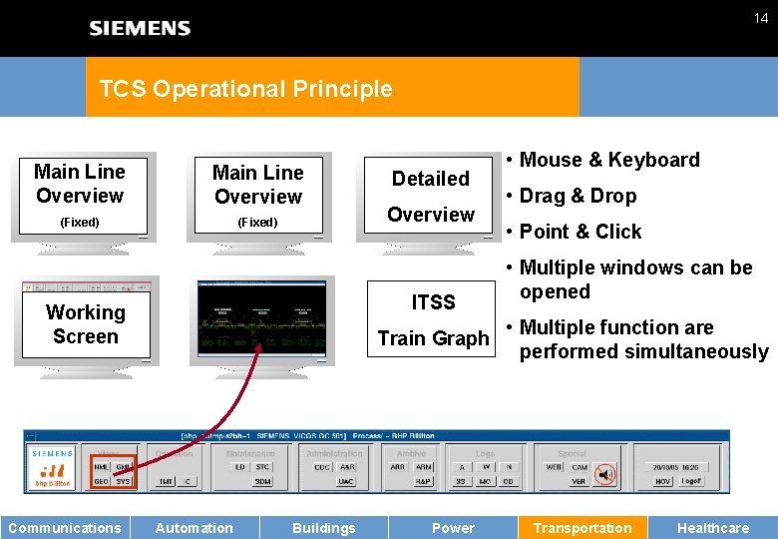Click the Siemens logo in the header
[x=140, y=28]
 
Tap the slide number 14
[x=761, y=18]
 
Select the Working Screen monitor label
[x=86, y=324]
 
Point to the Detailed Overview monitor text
[x=430, y=196]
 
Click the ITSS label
[x=433, y=302]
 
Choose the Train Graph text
[x=433, y=338]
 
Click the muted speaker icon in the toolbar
[x=604, y=474]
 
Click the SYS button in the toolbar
[x=123, y=481]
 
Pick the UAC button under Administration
[x=346, y=481]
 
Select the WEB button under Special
[x=554, y=467]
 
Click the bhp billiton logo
[x=53, y=473]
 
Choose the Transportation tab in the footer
[x=583, y=528]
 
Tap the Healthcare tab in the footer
[x=712, y=528]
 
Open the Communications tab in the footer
[x=65, y=528]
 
